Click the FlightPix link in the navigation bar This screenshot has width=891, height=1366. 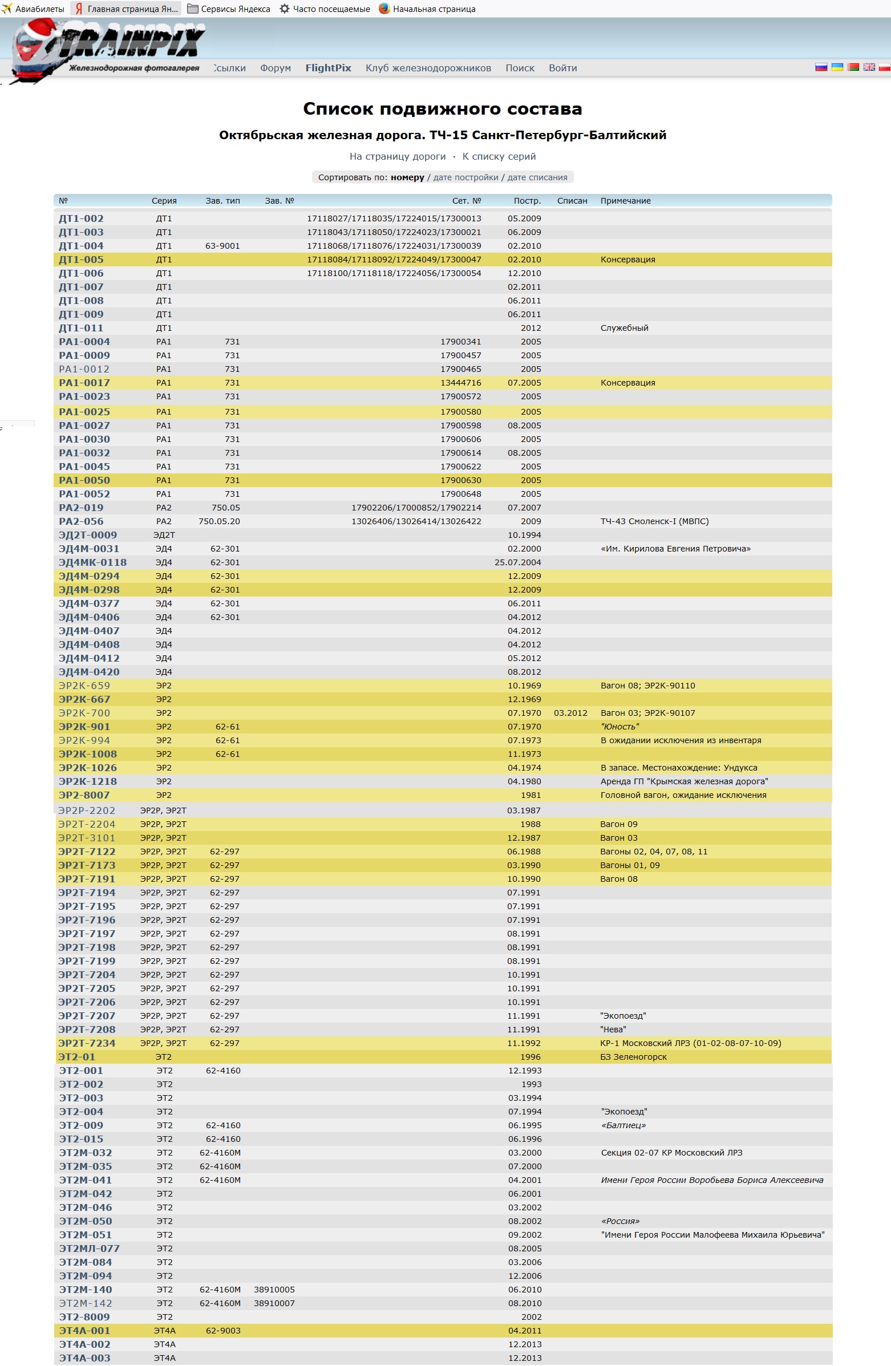328,68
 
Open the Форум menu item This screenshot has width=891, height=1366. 275,68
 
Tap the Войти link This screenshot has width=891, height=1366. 562,68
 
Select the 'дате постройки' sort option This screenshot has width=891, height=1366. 465,177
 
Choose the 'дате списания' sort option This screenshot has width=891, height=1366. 537,177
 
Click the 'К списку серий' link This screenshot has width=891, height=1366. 499,156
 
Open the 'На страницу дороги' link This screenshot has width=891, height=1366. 397,156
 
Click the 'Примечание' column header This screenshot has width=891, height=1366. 625,201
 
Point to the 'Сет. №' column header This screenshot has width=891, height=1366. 466,201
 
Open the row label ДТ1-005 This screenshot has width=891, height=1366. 81,260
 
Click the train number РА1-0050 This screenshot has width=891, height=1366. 84,480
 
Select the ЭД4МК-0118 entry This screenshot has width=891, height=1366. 92,562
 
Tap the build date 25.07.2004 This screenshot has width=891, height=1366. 517,562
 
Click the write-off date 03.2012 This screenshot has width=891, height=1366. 570,713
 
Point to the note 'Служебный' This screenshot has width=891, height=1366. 624,328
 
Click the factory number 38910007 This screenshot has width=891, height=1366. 274,1303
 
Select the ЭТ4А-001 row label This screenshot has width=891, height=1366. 84,1331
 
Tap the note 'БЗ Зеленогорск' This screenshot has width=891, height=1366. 633,1057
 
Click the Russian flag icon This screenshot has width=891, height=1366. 821,67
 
